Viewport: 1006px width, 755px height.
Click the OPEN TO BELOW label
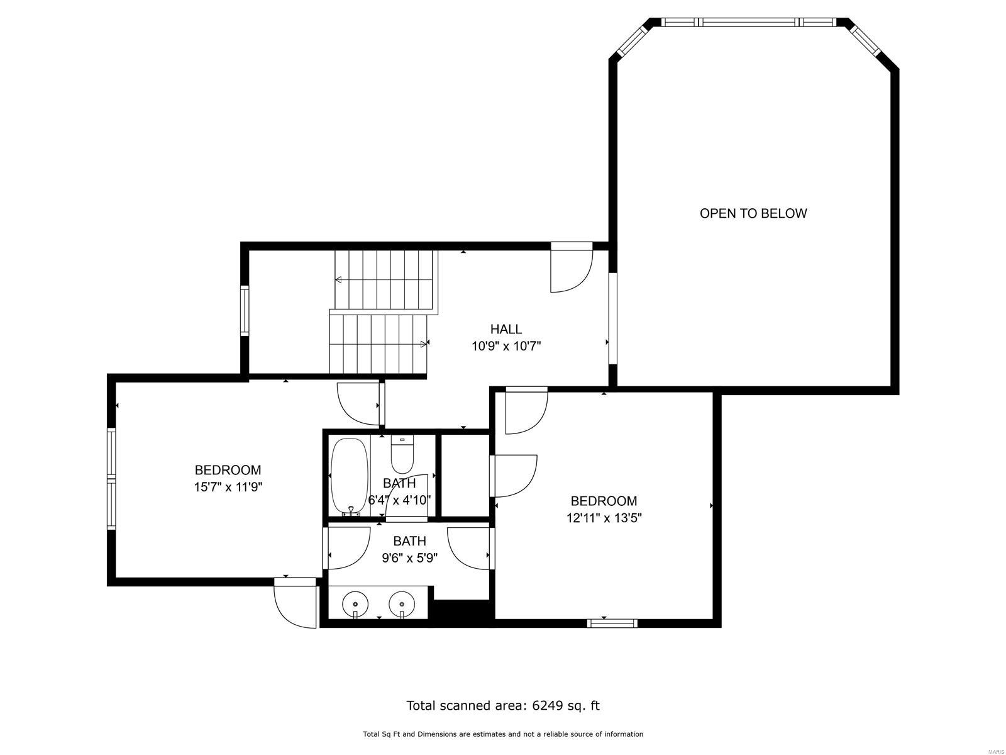coord(753,213)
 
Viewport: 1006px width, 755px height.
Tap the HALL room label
coord(506,329)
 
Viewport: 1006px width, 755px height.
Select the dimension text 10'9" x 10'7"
coord(506,346)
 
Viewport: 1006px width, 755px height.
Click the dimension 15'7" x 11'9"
coord(228,487)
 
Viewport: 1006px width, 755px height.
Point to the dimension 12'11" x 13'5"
coord(604,518)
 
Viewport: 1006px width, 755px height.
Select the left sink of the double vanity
coord(355,605)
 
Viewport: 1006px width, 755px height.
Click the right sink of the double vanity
coord(402,605)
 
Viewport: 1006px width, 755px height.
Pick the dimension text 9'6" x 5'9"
coord(409,557)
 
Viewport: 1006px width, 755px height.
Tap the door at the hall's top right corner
coord(571,268)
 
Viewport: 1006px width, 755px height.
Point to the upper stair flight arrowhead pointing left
coord(338,279)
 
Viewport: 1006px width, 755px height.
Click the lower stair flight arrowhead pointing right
coord(424,344)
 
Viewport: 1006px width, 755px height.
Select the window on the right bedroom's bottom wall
coord(612,624)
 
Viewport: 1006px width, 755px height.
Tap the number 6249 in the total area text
coord(546,705)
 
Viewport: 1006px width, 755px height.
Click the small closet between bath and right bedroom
coord(465,475)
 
